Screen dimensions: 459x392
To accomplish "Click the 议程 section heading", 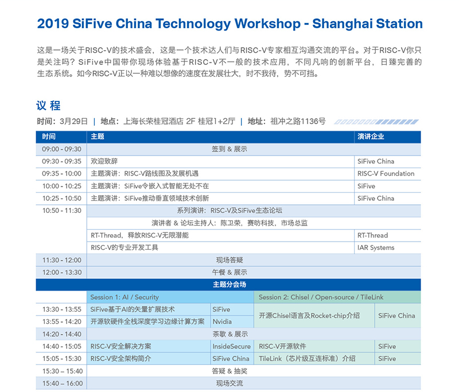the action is tap(48, 106).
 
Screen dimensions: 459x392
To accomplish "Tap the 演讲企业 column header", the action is tap(371, 137).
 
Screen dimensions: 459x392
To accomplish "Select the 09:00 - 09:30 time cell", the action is tap(61, 149).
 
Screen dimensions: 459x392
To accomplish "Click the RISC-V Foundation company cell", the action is tap(386, 173).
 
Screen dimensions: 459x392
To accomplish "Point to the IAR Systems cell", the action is tap(376, 248).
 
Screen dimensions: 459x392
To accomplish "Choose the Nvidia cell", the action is tap(222, 322).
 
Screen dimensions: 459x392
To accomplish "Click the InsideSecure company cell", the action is tap(232, 346).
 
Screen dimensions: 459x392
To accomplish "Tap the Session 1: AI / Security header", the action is tap(125, 297).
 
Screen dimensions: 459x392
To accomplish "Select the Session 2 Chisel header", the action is tap(321, 297).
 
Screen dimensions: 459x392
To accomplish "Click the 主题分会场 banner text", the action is tap(229, 285).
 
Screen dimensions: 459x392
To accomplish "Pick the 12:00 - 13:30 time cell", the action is tap(62, 272).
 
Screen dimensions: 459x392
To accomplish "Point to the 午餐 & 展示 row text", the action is tap(229, 272).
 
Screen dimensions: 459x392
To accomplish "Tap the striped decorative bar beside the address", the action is tap(376, 122).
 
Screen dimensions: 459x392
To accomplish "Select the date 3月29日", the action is tap(74, 121).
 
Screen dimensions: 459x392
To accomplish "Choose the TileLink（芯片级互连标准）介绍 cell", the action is tap(307, 359).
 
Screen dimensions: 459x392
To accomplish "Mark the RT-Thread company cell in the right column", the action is tap(372, 235).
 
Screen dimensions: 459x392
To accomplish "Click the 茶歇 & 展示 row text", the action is tap(230, 334).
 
